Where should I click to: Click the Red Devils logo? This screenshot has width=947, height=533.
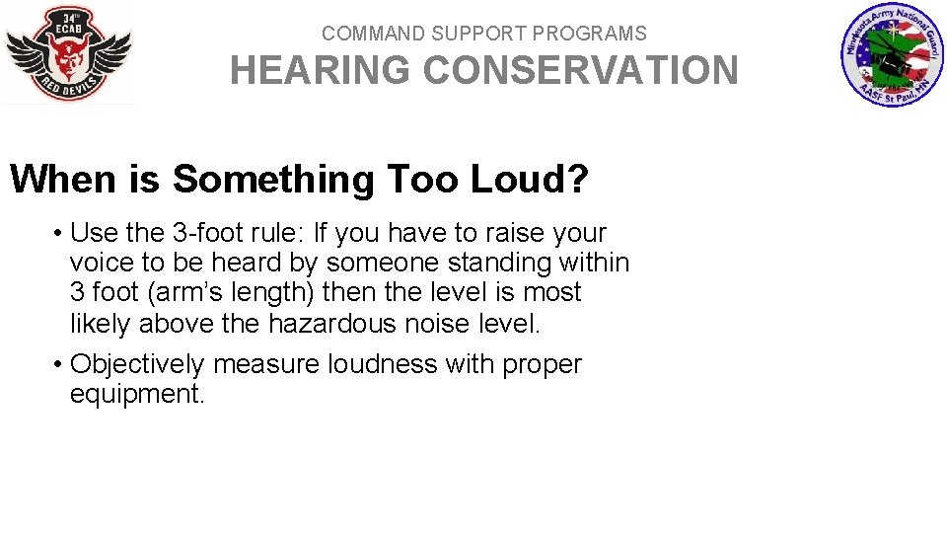(x=68, y=53)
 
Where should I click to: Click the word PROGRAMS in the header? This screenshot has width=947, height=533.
(x=590, y=34)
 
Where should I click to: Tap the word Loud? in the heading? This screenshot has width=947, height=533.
(x=530, y=180)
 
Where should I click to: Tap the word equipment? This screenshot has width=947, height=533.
(x=136, y=395)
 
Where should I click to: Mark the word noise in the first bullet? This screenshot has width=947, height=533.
(x=446, y=323)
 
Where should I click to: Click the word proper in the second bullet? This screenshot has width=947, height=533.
(x=542, y=365)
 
